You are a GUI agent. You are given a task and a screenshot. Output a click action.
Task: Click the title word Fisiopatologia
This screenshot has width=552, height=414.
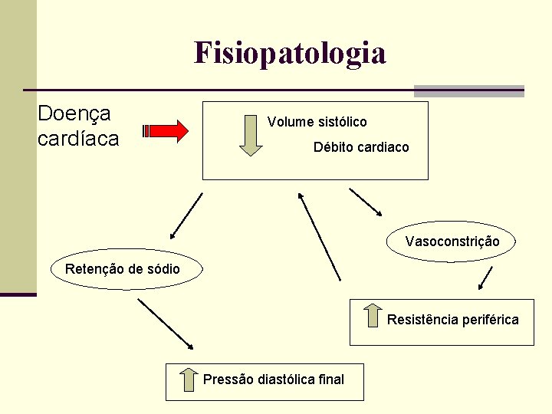[290, 54]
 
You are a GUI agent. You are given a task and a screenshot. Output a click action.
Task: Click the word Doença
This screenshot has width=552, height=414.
[74, 113]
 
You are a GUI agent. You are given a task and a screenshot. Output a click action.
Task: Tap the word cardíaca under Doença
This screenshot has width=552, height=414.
[78, 139]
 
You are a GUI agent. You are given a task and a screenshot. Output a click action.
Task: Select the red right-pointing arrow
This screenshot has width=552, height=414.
[168, 131]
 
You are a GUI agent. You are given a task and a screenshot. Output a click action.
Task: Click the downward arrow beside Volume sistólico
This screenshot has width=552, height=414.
[250, 135]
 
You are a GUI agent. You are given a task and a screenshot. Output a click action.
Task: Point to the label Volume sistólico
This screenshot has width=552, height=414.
[317, 122]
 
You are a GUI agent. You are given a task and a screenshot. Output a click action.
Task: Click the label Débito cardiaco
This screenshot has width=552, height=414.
[361, 146]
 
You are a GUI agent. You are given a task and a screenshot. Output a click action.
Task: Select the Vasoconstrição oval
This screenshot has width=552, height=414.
[452, 242]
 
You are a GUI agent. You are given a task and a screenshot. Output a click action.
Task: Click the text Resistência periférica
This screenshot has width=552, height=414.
[452, 320]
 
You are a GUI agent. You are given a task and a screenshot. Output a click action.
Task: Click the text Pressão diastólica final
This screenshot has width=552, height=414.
[274, 379]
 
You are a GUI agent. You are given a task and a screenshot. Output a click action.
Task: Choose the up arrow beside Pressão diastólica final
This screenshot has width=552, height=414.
[188, 379]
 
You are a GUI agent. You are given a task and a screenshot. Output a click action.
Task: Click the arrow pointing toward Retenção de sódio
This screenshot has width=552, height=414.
[186, 215]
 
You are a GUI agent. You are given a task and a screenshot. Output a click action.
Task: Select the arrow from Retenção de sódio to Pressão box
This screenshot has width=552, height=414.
[166, 324]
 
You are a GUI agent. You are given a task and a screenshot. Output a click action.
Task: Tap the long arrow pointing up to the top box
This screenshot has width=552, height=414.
[319, 235]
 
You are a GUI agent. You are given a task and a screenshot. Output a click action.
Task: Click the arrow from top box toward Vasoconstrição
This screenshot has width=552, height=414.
[365, 202]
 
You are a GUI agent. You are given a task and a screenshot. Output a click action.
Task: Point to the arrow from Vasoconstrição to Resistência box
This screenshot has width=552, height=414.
[485, 278]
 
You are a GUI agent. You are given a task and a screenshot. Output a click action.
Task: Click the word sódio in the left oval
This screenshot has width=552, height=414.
[164, 269]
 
